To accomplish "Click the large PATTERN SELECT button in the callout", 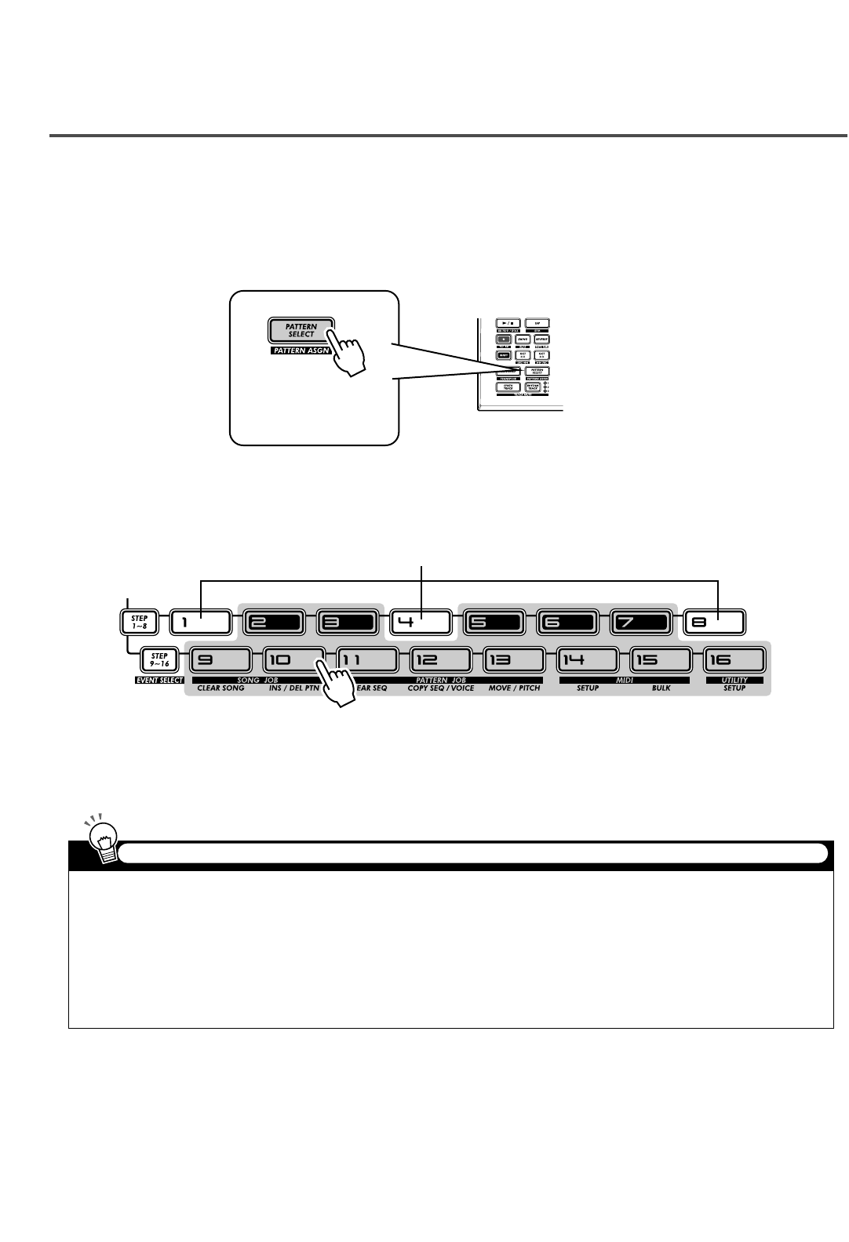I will pyautogui.click(x=301, y=330).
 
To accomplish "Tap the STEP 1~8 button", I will pyautogui.click(x=139, y=623).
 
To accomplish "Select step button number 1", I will pyautogui.click(x=200, y=623).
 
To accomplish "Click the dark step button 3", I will pyautogui.click(x=348, y=623).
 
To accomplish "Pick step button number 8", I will pyautogui.click(x=714, y=623).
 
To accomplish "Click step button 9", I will pyautogui.click(x=220, y=659).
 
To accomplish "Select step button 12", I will pyautogui.click(x=440, y=659).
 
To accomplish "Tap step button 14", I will pyautogui.click(x=587, y=659).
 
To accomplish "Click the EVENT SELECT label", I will pyautogui.click(x=159, y=681).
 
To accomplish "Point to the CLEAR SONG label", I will pyautogui.click(x=220, y=688).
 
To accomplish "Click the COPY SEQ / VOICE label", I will pyautogui.click(x=440, y=688).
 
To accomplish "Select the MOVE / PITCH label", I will pyautogui.click(x=513, y=688).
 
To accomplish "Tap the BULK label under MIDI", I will pyautogui.click(x=661, y=688).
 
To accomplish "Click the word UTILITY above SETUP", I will pyautogui.click(x=735, y=680).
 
